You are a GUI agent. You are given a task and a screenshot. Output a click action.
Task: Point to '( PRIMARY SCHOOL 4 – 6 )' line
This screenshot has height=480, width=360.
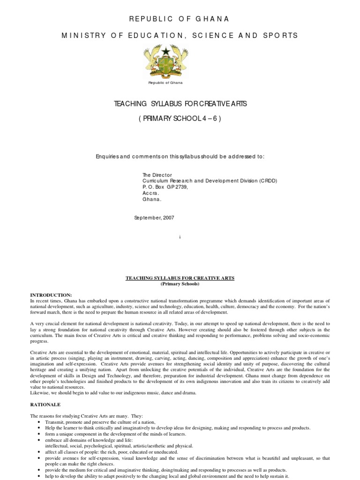pos(180,119)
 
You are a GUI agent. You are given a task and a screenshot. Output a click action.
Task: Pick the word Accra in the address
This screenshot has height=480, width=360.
pos(150,193)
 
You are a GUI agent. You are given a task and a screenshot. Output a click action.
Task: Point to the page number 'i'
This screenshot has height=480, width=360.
pos(180,238)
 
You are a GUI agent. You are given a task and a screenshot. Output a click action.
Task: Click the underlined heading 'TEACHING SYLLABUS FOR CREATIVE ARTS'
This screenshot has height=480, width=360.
pos(180,278)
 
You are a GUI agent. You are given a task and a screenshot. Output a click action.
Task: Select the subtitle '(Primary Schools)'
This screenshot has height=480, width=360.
pos(180,284)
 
